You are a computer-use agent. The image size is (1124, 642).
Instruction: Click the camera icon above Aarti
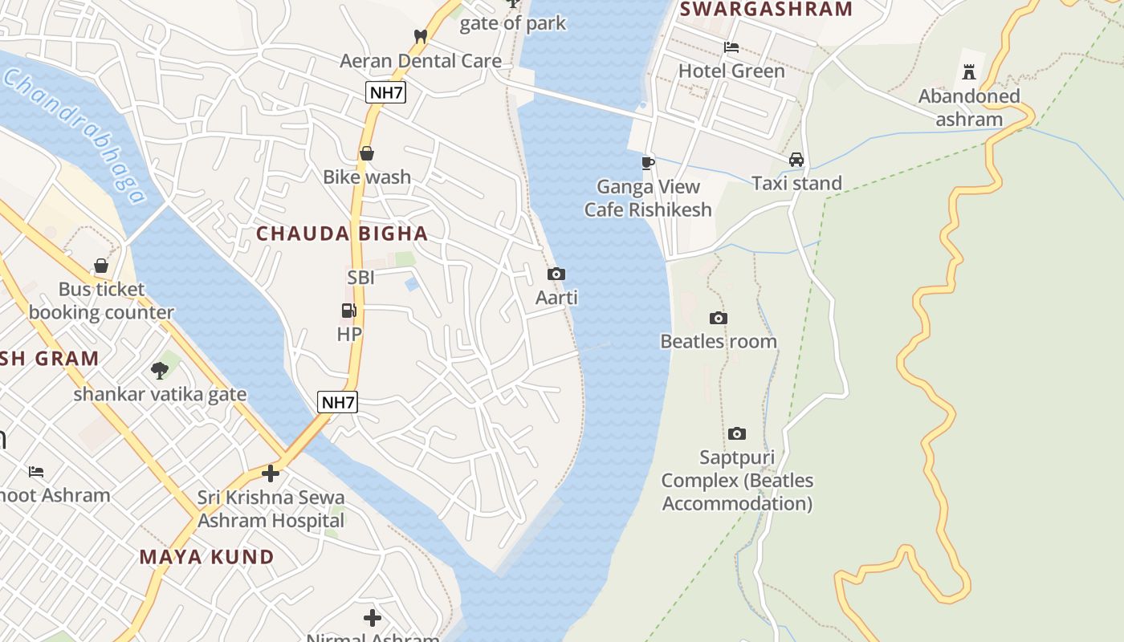(556, 274)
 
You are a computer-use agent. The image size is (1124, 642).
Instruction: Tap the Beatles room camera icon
(719, 319)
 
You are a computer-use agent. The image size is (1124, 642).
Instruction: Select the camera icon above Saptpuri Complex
(737, 434)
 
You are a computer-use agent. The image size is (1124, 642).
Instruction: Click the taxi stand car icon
(796, 160)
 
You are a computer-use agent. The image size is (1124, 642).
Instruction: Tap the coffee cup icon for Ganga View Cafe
(648, 163)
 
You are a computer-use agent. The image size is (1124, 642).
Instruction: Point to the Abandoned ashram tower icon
(969, 72)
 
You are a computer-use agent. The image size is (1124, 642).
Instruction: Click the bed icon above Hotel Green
(731, 47)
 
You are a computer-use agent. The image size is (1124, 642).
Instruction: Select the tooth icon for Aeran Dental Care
(420, 36)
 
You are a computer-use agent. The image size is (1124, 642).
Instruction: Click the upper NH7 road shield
(385, 92)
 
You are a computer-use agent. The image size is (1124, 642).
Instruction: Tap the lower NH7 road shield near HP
(337, 402)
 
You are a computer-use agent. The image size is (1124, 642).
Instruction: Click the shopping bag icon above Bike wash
(367, 153)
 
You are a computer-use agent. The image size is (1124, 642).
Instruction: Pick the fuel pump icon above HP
(349, 311)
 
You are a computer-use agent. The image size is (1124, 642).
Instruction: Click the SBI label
(361, 278)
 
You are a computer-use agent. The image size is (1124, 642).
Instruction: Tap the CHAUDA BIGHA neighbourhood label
(342, 234)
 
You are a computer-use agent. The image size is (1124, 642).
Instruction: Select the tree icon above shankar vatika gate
(160, 370)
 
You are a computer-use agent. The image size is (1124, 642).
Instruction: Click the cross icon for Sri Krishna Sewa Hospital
(271, 473)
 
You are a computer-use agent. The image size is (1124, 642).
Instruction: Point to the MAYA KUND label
(207, 556)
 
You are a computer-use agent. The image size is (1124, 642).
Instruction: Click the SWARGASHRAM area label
(766, 10)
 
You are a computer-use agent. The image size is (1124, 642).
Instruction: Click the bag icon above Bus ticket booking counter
(101, 266)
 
